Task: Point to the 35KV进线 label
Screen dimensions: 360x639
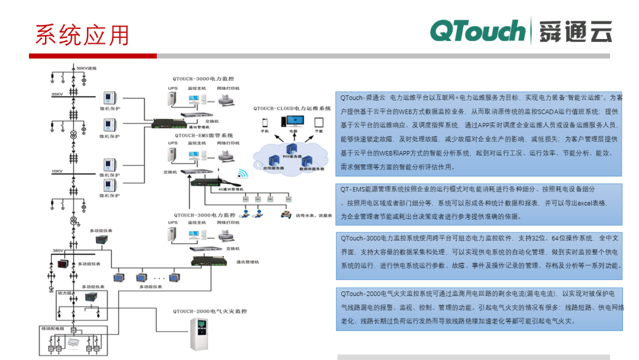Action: pos(86,69)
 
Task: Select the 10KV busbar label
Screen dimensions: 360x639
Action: pos(57,171)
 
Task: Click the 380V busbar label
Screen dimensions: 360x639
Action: pos(58,250)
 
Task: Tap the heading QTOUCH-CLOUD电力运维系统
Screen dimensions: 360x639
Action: pos(292,108)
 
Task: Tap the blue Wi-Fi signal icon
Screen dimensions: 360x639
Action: pos(243,174)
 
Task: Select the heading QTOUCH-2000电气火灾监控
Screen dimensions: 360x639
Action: pos(209,311)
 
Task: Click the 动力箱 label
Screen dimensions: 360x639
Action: pos(64,292)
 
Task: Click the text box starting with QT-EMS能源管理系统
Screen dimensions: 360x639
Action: pos(479,202)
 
